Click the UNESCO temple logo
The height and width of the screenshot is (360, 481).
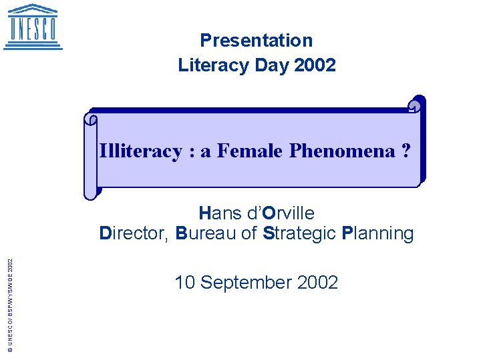[33, 27]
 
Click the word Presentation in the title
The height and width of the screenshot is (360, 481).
[256, 41]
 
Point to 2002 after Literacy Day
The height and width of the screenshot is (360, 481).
[315, 65]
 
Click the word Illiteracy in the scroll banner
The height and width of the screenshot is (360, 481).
[140, 151]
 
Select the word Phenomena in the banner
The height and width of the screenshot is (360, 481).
[342, 151]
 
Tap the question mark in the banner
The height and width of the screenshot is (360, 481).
[406, 151]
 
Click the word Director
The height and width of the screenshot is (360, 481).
[133, 233]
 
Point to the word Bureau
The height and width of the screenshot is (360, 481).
[208, 233]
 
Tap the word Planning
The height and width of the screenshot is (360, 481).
[377, 233]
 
